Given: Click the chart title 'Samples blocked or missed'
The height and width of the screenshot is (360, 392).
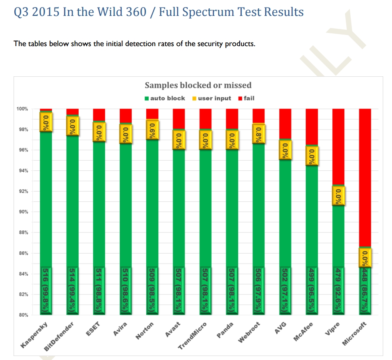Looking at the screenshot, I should tap(198, 85).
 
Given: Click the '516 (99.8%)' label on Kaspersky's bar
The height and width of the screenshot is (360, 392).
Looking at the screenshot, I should tap(47, 290).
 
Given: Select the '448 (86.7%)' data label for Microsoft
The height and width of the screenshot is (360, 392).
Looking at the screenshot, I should tap(365, 290).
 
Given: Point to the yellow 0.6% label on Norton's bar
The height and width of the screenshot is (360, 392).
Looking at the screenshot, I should tap(152, 130).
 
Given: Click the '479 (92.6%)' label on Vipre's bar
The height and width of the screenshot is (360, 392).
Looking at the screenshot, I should tap(338, 290).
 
